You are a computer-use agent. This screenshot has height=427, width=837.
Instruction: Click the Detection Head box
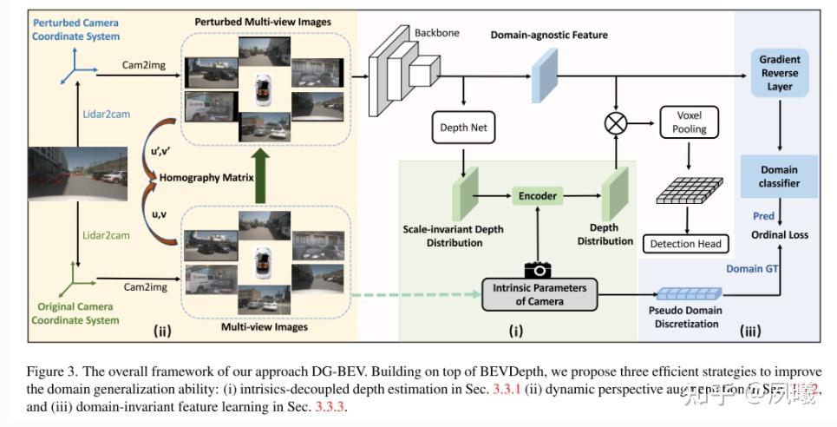[685, 244]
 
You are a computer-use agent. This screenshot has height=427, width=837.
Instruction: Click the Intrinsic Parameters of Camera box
[538, 295]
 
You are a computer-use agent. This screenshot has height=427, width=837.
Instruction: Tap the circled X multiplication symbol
[615, 123]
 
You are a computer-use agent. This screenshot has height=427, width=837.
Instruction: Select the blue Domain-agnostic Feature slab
[548, 67]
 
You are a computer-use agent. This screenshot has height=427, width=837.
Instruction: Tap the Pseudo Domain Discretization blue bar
[686, 297]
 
